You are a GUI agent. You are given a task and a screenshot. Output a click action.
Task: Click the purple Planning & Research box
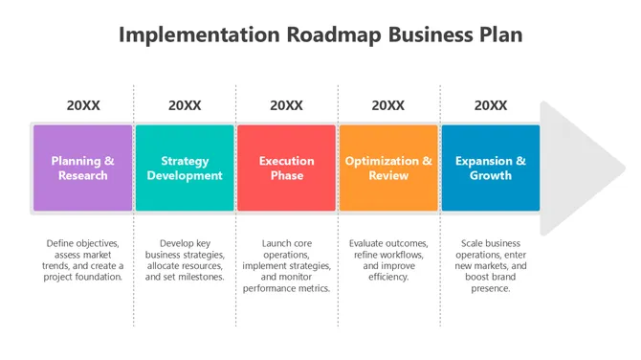[x=83, y=168]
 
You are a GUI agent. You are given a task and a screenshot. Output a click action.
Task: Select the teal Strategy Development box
[x=185, y=168]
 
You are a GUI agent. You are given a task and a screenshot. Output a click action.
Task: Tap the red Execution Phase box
[x=287, y=168]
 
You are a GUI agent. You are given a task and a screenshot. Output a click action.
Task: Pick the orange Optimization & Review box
[x=388, y=168]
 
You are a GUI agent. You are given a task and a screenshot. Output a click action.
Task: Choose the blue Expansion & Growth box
[x=490, y=168]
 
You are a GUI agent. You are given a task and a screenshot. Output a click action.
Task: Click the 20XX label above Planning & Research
[x=83, y=105]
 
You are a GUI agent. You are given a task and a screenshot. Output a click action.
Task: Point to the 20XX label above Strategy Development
[x=185, y=105]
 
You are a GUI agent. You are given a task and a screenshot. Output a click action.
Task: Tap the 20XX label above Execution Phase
[x=287, y=105]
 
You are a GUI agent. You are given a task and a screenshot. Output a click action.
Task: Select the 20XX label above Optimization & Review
[x=388, y=105]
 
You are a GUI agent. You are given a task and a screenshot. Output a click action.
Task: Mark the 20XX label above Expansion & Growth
[x=491, y=105]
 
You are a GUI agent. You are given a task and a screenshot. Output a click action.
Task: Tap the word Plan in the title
[x=497, y=35]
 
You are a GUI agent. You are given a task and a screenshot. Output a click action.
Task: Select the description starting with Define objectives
[x=83, y=259]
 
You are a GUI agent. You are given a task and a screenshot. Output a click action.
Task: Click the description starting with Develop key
[x=185, y=259]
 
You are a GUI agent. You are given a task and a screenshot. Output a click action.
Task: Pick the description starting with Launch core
[x=287, y=265]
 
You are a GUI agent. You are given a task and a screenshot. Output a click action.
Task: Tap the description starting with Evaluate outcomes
[x=388, y=259]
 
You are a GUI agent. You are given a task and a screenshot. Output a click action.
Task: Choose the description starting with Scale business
[x=491, y=265]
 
